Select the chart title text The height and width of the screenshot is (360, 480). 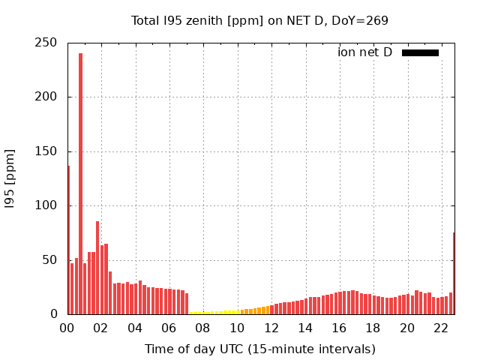coord(259,20)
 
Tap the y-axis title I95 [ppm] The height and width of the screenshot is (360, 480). coord(10,178)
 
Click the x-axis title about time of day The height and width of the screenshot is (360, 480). coord(259,349)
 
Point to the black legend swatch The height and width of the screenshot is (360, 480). coord(420,52)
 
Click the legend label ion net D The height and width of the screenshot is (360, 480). coord(364,52)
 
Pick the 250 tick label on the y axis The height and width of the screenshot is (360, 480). coord(47,43)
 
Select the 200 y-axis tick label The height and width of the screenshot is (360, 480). coord(47,97)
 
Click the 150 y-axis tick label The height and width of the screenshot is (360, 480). coord(47,151)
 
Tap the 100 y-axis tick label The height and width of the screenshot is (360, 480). coord(47,205)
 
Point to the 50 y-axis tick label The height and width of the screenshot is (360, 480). coord(51,260)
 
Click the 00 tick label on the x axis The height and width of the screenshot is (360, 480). coord(67,328)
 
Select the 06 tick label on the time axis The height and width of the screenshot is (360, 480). coord(169,328)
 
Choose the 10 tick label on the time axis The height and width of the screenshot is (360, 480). coord(237,328)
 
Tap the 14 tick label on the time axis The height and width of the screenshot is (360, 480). coord(305,328)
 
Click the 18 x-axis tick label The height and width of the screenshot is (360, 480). coord(373,328)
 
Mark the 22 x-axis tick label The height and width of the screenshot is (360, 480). coord(442,328)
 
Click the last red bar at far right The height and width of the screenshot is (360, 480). coord(454,274)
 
